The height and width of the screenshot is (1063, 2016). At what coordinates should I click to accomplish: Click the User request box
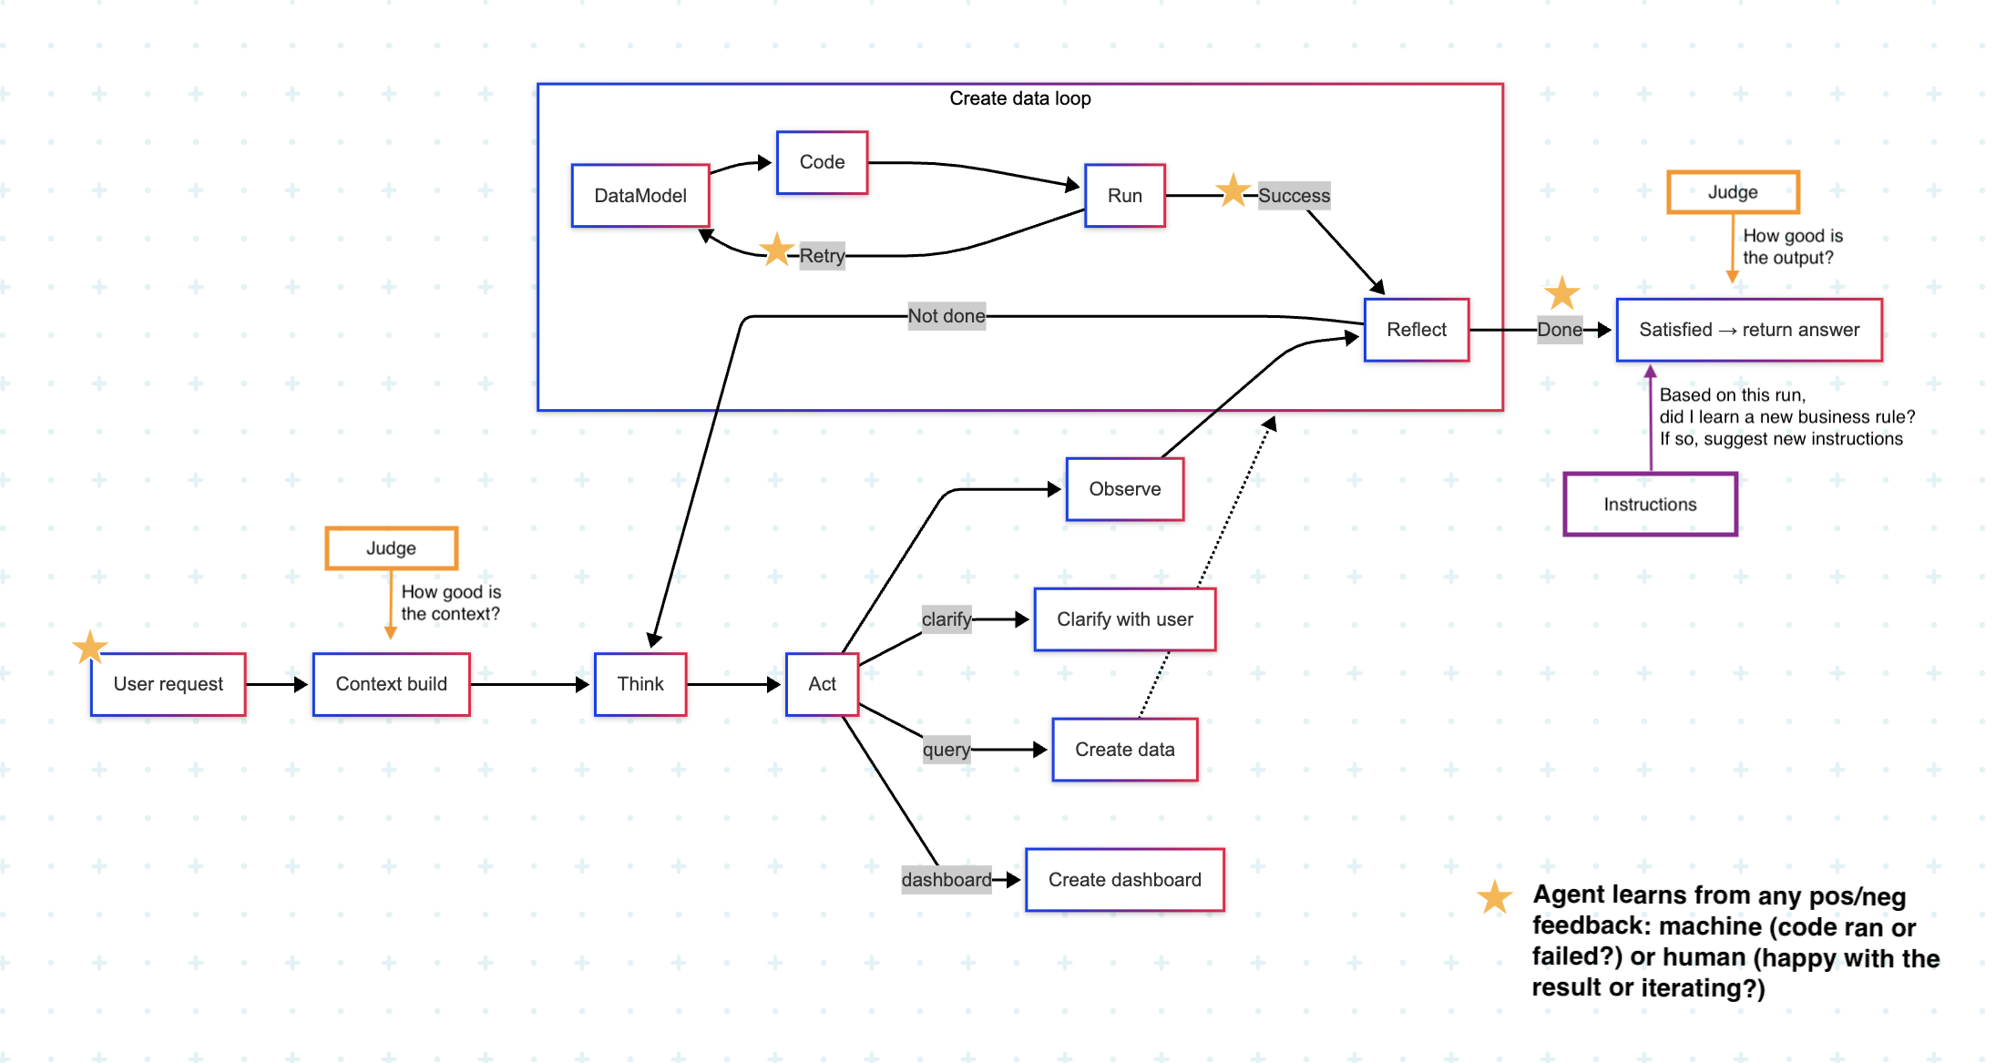[168, 684]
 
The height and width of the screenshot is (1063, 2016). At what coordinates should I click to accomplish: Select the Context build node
[391, 684]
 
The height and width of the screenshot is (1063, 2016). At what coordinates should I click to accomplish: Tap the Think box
[640, 684]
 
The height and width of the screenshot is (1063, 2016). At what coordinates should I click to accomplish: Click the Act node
[822, 684]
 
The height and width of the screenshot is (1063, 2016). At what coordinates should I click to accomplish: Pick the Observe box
[1124, 489]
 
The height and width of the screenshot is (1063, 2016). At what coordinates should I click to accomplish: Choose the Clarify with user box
[1124, 619]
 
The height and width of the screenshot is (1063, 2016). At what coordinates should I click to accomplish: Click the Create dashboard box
[1124, 880]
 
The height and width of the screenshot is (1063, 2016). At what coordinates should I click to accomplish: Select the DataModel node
[640, 196]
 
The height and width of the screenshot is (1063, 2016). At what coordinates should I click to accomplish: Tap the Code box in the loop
[822, 162]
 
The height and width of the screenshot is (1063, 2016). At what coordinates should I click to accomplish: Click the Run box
[1124, 196]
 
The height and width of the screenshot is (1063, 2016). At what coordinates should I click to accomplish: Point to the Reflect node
[1416, 330]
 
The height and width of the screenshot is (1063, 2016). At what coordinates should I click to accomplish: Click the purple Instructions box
[1650, 505]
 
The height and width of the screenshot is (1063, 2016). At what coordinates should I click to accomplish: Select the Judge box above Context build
[391, 548]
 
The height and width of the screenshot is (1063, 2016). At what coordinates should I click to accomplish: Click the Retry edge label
[822, 256]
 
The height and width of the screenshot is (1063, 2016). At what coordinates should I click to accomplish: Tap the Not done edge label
[947, 316]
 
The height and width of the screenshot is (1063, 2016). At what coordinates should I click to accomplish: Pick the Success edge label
[1294, 196]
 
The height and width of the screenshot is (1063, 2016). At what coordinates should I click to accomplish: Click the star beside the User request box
[90, 648]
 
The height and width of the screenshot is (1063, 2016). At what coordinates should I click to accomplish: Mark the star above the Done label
[1561, 293]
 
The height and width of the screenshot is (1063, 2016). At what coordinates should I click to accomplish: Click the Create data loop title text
[1019, 98]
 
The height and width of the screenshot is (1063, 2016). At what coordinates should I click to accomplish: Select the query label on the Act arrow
[946, 750]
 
